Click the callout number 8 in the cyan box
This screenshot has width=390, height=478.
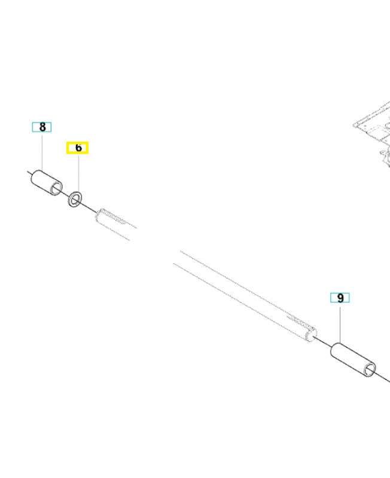[42, 127]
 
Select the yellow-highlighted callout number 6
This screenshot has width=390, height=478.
[78, 148]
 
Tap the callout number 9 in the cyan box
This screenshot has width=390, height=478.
[340, 298]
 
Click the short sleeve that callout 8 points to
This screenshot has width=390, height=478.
[47, 183]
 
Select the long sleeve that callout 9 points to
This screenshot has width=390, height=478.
[353, 360]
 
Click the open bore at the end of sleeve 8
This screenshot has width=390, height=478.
[56, 189]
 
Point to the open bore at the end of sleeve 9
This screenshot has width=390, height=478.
[370, 370]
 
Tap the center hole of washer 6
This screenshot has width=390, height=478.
[75, 199]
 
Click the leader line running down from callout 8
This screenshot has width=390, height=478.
[42, 151]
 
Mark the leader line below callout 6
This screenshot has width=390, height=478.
[78, 173]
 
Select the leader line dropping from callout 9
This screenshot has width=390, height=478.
[340, 323]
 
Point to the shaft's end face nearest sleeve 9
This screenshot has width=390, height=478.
[312, 335]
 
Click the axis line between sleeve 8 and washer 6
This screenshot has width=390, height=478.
[65, 194]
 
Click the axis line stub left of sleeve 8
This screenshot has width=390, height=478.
[29, 173]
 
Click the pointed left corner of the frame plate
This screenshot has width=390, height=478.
[354, 125]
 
